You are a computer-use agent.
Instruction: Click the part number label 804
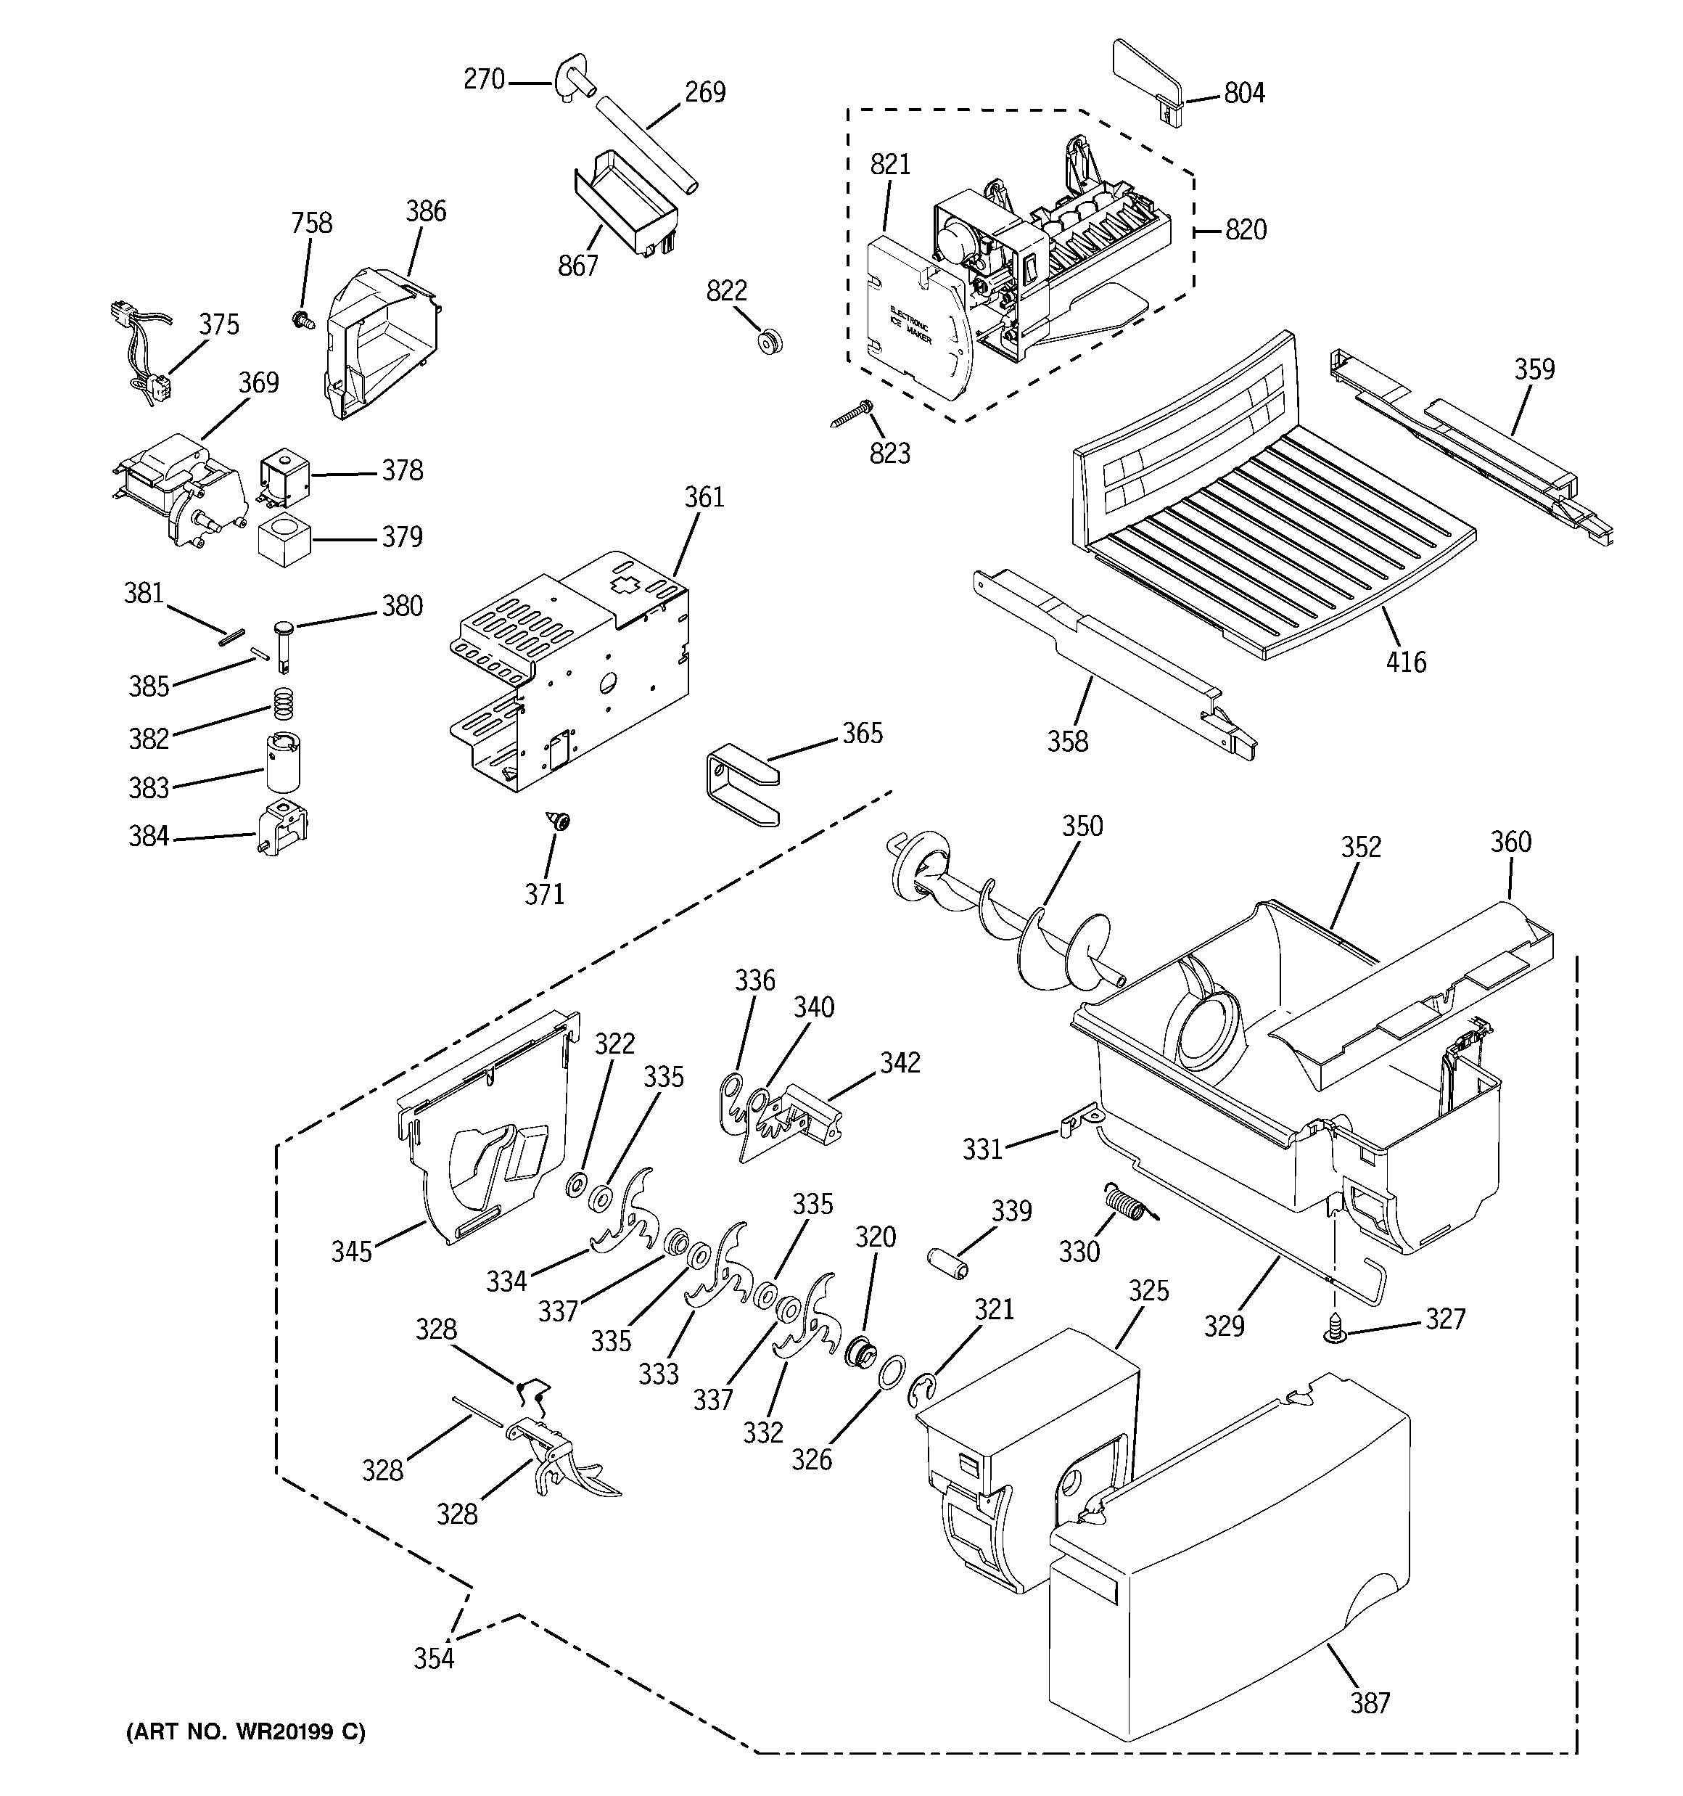coord(1244,93)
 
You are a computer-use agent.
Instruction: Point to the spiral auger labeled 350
coord(1012,917)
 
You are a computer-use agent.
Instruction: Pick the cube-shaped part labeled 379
coord(284,539)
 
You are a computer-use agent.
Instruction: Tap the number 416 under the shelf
coord(1406,663)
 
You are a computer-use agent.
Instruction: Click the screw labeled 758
coord(302,318)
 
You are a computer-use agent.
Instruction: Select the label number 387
coord(1370,1703)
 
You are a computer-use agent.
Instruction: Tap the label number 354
coord(434,1659)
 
